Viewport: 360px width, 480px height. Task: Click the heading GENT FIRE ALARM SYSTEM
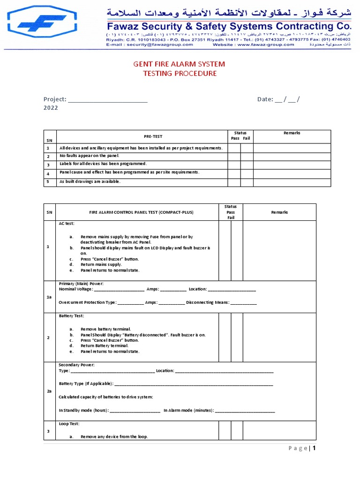coord(180,64)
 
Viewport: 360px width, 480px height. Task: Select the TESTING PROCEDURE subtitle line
coord(180,74)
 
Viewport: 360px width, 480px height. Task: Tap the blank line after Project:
coord(108,100)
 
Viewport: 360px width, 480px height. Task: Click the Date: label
coord(265,99)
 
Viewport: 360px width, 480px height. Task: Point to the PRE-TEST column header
coord(153,136)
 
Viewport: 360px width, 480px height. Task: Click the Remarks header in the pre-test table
coord(292,133)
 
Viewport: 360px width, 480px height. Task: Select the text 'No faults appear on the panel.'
coord(90,156)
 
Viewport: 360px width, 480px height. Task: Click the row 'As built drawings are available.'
coord(90,181)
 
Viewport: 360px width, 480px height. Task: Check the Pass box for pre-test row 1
coord(234,148)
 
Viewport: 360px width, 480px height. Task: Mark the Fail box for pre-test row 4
coord(247,173)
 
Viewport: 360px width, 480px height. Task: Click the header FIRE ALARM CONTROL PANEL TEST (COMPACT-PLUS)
coord(141,212)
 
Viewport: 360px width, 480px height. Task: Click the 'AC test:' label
coord(67,224)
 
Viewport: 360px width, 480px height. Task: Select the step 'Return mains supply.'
coord(101,264)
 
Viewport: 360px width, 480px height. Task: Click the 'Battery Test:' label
coord(71,316)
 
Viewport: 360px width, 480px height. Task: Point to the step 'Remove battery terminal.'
coord(105,329)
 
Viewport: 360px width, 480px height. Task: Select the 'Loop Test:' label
coord(69,424)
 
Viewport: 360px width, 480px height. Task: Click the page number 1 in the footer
coord(315,448)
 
